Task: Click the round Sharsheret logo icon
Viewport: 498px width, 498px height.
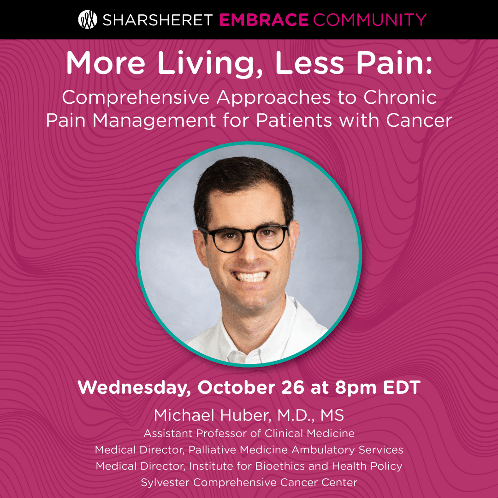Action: coord(88,20)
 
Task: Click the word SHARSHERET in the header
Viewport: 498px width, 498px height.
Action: coord(158,20)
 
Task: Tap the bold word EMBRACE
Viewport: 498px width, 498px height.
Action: coord(264,20)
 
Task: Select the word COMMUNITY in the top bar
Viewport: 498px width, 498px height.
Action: coord(370,20)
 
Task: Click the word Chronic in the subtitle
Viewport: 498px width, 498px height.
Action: coord(400,97)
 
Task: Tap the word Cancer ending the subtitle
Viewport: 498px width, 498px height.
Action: coord(419,121)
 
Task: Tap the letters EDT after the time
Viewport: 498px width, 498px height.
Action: coord(402,387)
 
